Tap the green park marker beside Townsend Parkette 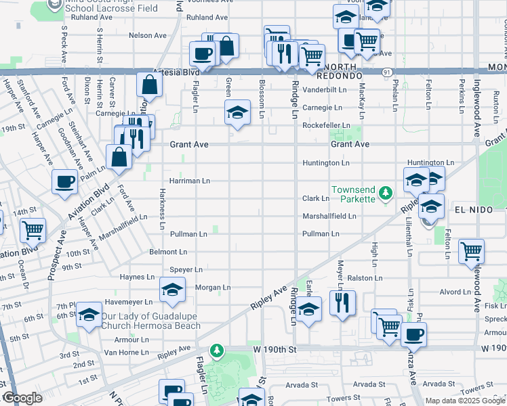(x=386, y=194)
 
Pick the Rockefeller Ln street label (x=325, y=126)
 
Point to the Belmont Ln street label (x=167, y=252)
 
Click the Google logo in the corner (x=22, y=399)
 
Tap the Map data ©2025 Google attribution (x=465, y=401)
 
